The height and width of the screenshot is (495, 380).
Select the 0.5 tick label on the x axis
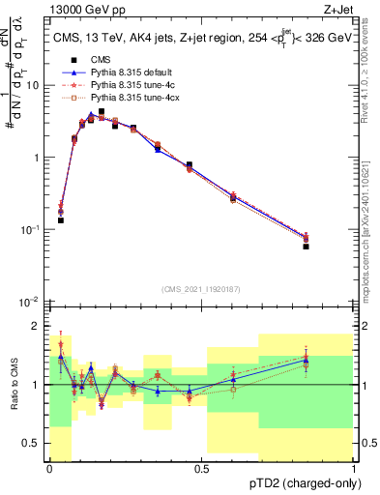(x=201, y=468)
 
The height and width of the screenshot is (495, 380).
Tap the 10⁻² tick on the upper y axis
(x=32, y=302)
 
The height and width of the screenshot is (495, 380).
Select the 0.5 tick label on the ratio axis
(x=33, y=444)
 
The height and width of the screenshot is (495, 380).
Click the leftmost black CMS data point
(x=61, y=220)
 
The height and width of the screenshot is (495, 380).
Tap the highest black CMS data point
(x=101, y=112)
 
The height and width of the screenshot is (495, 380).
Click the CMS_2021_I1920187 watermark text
(x=200, y=288)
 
